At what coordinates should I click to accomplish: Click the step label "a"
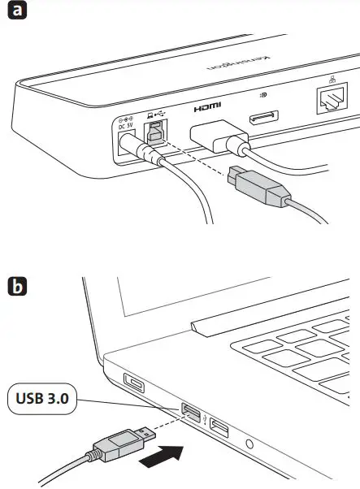pos(16,14)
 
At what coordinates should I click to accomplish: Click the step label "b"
pos(16,287)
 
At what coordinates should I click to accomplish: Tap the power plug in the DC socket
pos(138,149)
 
